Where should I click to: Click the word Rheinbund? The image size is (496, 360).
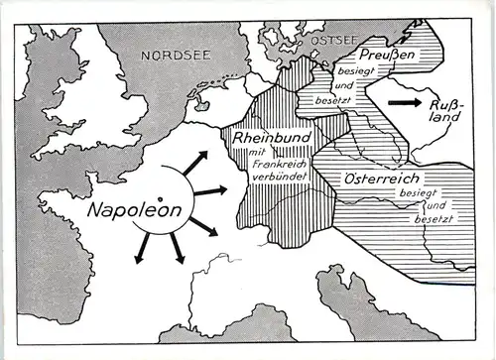266,140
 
